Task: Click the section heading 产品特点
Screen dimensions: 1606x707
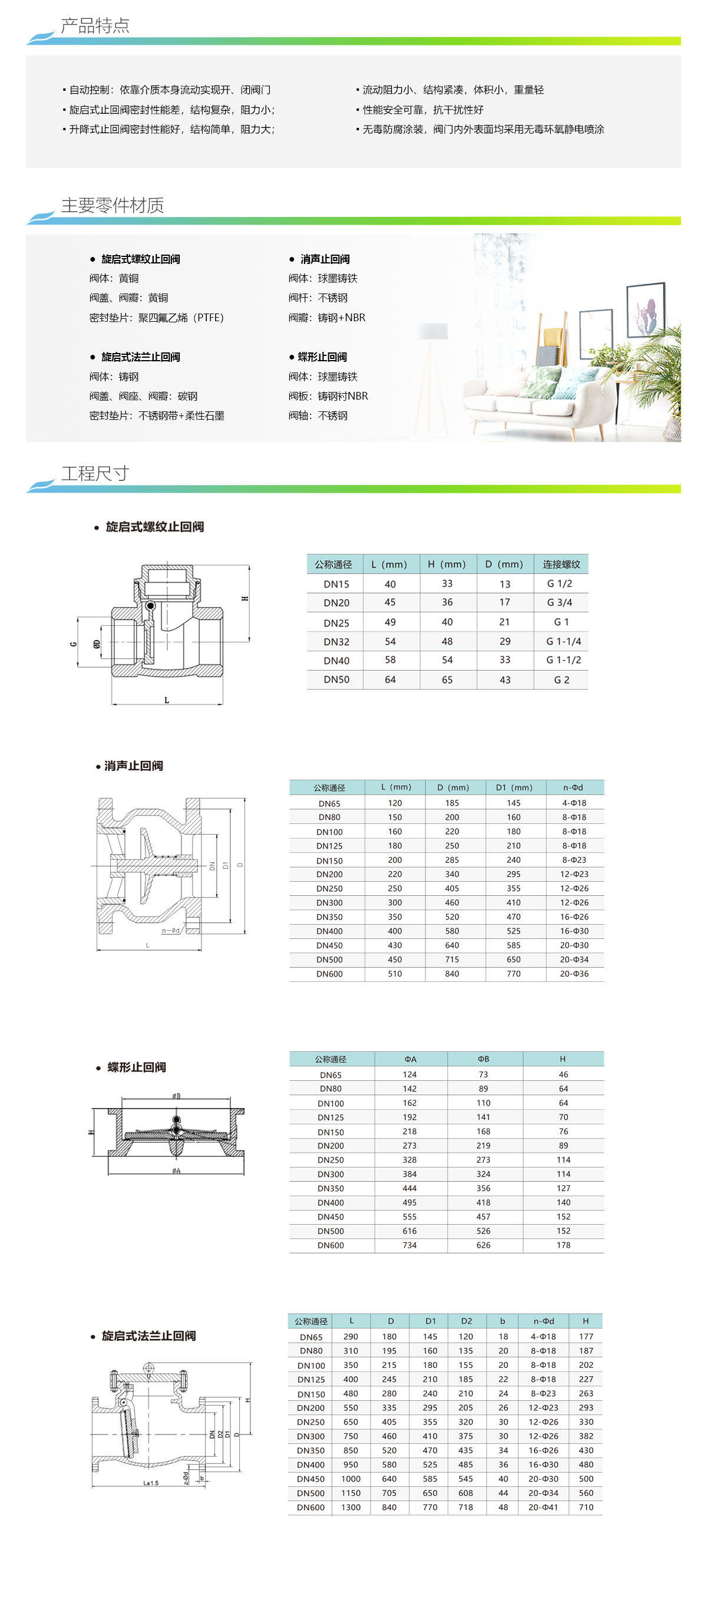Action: point(95,25)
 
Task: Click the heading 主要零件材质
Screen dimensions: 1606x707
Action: point(112,205)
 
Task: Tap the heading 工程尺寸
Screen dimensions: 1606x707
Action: point(95,473)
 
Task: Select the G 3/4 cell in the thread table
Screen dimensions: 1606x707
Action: point(559,602)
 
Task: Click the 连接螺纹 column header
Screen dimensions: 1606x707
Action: point(561,564)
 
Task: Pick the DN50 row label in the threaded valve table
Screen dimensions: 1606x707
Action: point(336,680)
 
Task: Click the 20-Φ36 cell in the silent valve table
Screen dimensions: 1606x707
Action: point(574,974)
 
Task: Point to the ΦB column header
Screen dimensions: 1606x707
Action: point(483,1059)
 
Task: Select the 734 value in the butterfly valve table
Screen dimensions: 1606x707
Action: point(409,1245)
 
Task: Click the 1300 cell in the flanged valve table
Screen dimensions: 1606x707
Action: point(351,1508)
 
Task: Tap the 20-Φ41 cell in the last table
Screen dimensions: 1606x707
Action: point(543,1508)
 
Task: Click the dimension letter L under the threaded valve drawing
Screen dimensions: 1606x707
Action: point(167,700)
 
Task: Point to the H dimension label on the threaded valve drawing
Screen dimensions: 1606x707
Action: point(245,599)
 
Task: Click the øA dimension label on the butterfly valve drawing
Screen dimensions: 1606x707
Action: point(176,1171)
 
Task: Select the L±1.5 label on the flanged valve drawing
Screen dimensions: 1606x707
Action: point(151,1483)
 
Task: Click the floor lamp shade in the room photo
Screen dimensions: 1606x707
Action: point(434,331)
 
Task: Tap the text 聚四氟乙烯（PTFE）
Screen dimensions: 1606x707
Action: point(181,317)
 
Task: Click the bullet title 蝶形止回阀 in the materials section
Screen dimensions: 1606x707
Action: point(322,357)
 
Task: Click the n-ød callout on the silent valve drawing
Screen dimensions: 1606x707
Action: point(170,931)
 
